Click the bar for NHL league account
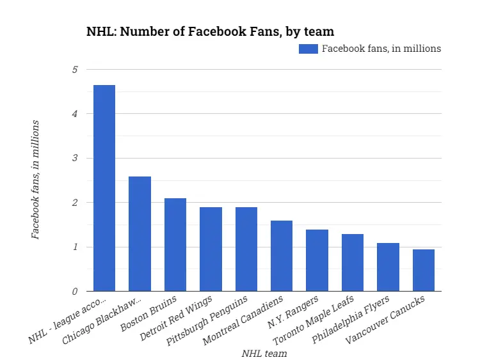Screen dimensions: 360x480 [x=104, y=188]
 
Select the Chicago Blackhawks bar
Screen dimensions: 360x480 [x=140, y=234]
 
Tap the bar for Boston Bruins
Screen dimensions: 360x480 [x=175, y=245]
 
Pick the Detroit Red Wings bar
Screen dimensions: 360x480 [x=211, y=249]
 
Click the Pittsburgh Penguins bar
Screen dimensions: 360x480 [x=246, y=249]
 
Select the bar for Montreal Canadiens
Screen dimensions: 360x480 [x=282, y=256]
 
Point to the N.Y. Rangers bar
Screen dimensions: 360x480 [x=317, y=260]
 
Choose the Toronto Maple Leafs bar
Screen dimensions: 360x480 [x=353, y=263]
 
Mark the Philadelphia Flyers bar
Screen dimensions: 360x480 [x=388, y=267]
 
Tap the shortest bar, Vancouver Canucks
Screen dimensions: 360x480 [x=424, y=270]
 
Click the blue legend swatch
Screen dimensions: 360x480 [x=308, y=49]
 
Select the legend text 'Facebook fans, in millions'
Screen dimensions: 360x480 [x=381, y=49]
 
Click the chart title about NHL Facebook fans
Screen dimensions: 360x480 [x=210, y=31]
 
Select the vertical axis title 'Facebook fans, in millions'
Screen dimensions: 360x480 [x=36, y=180]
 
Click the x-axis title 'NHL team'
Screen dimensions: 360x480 [x=264, y=353]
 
